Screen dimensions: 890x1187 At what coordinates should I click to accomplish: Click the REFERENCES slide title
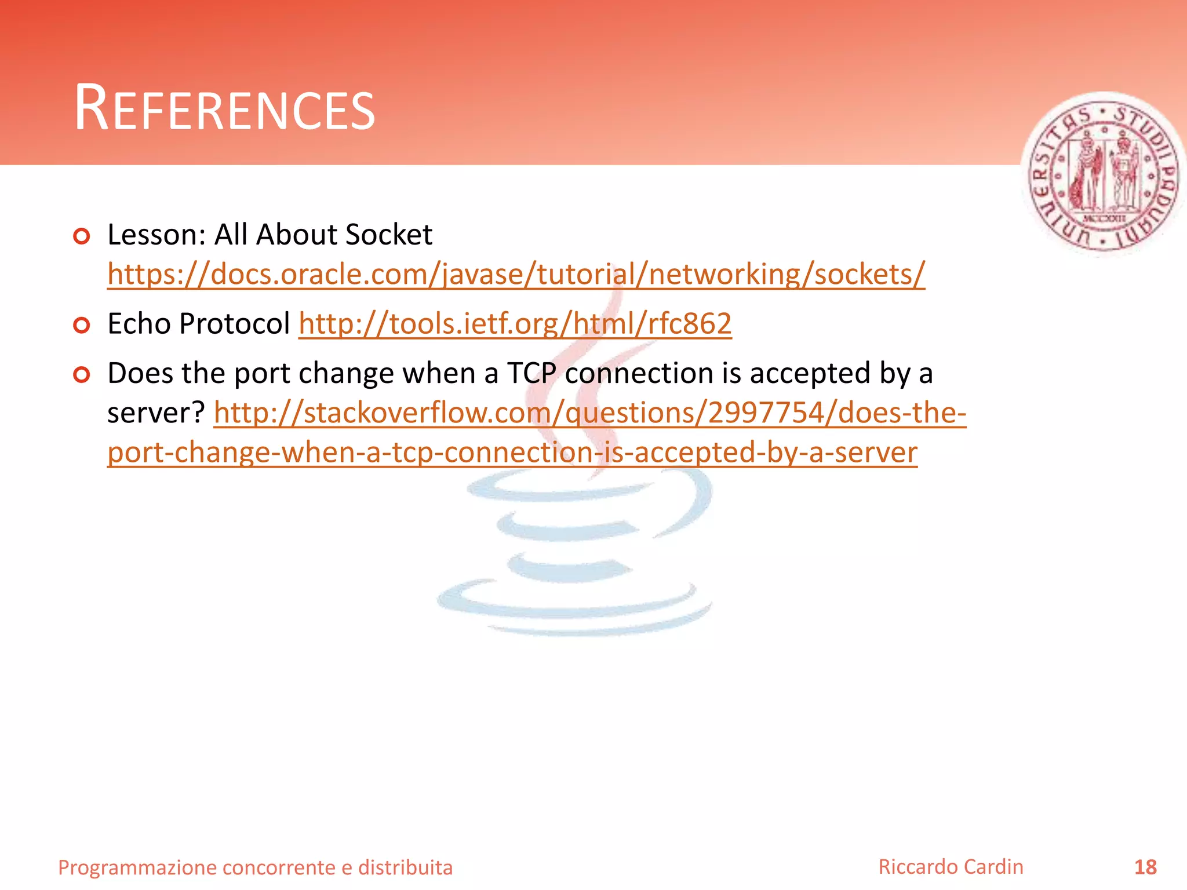point(225,108)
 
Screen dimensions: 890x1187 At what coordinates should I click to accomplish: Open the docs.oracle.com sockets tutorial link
point(516,274)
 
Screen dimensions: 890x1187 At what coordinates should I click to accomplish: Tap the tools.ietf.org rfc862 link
point(515,323)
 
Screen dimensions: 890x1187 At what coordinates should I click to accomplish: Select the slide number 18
point(1145,867)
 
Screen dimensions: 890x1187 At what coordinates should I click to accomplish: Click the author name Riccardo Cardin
point(951,866)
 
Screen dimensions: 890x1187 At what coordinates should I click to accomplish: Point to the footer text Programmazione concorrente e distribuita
point(255,867)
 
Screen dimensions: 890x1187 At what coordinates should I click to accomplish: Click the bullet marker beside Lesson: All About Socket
point(82,236)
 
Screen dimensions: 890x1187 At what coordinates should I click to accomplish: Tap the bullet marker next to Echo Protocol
point(82,325)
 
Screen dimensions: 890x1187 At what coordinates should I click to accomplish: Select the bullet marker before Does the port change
point(82,375)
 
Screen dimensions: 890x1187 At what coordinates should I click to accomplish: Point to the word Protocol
point(234,323)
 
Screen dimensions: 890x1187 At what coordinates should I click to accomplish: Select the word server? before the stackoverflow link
point(156,413)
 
